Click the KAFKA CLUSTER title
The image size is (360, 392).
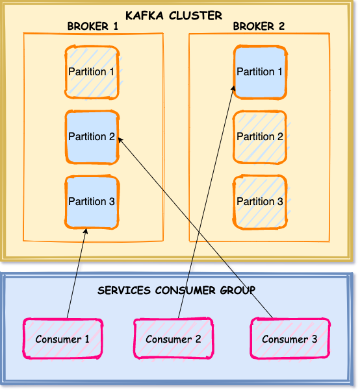click(174, 16)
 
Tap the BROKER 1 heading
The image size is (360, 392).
click(93, 26)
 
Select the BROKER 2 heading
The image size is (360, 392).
click(259, 26)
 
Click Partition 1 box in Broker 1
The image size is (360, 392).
click(92, 72)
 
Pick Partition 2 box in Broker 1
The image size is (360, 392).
click(92, 137)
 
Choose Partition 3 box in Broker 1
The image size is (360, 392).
click(92, 202)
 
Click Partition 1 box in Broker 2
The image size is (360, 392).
click(260, 72)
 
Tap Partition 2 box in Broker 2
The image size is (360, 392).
click(260, 137)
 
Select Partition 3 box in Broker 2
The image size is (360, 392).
click(260, 202)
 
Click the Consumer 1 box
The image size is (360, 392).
click(62, 339)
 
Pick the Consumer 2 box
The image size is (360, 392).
click(174, 339)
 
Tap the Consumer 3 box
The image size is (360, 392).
click(290, 339)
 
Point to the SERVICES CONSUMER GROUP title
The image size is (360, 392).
click(177, 291)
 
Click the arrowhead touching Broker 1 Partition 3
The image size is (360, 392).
click(86, 230)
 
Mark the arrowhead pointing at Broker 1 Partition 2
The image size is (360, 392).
click(120, 140)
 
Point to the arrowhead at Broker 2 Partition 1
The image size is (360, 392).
click(233, 88)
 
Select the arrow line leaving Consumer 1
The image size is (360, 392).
click(77, 273)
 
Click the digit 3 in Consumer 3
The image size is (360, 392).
click(315, 339)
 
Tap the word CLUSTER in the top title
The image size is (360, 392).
click(196, 16)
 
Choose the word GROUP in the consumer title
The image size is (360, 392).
click(238, 291)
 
